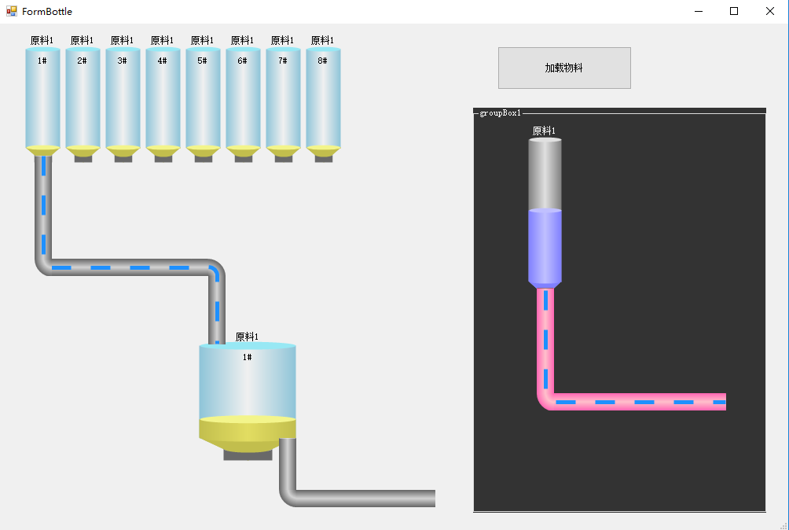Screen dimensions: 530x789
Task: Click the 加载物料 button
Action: tap(564, 68)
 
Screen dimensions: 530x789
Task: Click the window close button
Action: tap(770, 11)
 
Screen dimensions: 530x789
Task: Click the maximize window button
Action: tap(734, 11)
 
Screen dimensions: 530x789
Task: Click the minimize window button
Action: tap(698, 11)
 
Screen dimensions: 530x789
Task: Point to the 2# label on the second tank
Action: tap(83, 61)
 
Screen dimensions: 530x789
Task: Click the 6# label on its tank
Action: tap(243, 61)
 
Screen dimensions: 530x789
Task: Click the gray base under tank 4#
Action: tap(163, 159)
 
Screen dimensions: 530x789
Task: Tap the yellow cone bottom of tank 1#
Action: tap(42, 150)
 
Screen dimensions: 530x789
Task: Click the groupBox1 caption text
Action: tap(501, 113)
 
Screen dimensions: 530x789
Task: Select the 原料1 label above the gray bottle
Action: tap(544, 131)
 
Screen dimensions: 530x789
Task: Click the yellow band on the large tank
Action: tap(248, 427)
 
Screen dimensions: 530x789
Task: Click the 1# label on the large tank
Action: tap(248, 357)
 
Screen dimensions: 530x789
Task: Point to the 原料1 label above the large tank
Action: tap(247, 337)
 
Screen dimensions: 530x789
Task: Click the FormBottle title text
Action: tap(47, 12)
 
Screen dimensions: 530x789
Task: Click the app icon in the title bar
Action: tap(12, 11)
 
